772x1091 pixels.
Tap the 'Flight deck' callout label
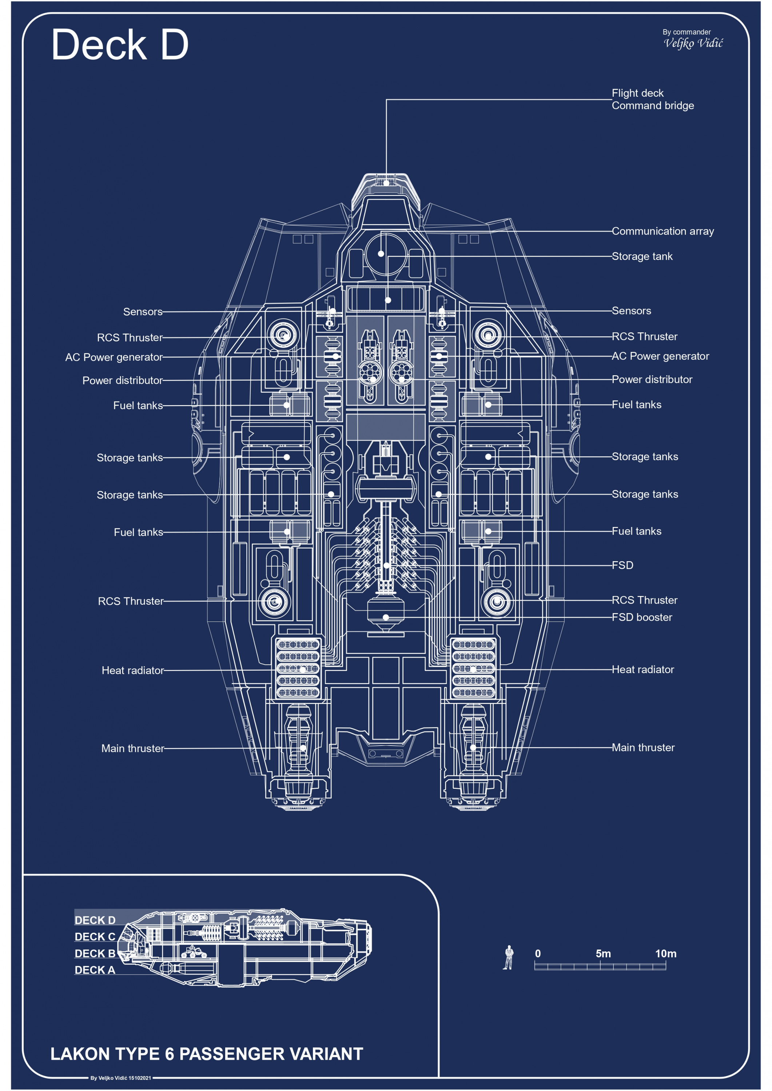click(637, 93)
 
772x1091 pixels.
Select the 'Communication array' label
click(662, 231)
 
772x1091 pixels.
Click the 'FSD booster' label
click(642, 617)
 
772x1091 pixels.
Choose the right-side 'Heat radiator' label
click(643, 670)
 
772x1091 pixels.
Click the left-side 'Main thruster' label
click(133, 748)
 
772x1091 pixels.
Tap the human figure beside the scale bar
click(508, 957)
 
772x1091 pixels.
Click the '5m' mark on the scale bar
click(603, 954)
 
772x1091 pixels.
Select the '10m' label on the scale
click(665, 954)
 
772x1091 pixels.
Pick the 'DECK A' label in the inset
click(95, 970)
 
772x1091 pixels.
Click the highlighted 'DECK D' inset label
click(95, 920)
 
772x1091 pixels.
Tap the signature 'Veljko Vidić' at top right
click(693, 43)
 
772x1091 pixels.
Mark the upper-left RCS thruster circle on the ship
click(283, 335)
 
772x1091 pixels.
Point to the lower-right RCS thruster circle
click(497, 602)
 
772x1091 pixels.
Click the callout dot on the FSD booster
click(386, 617)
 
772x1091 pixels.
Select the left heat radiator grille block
click(298, 668)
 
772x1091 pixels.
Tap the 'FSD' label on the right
click(622, 565)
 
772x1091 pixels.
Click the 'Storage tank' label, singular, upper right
click(642, 257)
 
